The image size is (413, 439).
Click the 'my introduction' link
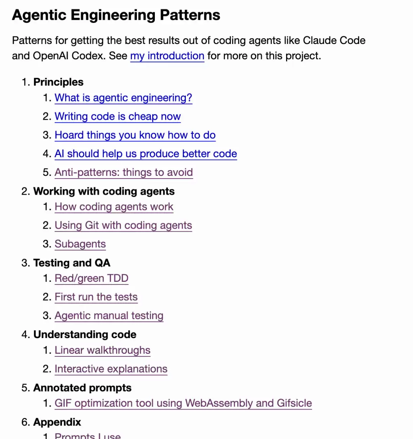pyautogui.click(x=167, y=56)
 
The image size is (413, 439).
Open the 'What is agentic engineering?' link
pyautogui.click(x=124, y=98)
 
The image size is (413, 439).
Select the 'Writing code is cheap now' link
pyautogui.click(x=118, y=117)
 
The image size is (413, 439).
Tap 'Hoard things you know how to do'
pyautogui.click(x=135, y=135)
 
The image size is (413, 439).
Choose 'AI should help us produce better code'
pyautogui.click(x=146, y=154)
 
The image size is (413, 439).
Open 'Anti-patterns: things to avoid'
pyautogui.click(x=124, y=172)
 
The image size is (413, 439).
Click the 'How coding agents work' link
pyautogui.click(x=114, y=206)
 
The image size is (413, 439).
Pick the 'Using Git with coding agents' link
pyautogui.click(x=123, y=225)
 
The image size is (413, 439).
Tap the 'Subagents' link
pyautogui.click(x=80, y=244)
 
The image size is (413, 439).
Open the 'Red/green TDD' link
pyautogui.click(x=91, y=278)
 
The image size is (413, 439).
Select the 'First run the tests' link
pyautogui.click(x=96, y=297)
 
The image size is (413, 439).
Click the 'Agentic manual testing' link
pyautogui.click(x=109, y=315)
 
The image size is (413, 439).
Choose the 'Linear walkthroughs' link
pyautogui.click(x=102, y=350)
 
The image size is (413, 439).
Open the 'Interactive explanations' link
pyautogui.click(x=111, y=369)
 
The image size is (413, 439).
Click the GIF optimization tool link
pyautogui.click(x=183, y=403)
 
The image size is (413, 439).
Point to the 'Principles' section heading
pyautogui.click(x=58, y=82)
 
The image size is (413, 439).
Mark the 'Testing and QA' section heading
pyautogui.click(x=72, y=263)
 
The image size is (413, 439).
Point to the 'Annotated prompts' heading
pyautogui.click(x=82, y=388)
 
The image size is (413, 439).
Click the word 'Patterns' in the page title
pyautogui.click(x=190, y=15)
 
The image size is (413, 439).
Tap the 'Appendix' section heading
pyautogui.click(x=57, y=422)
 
